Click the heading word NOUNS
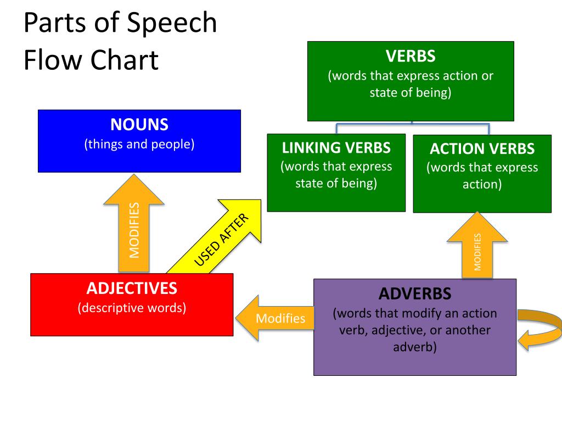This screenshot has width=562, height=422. (x=139, y=125)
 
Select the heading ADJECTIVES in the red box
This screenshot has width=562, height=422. (x=132, y=288)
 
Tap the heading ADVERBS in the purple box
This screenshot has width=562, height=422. (x=415, y=293)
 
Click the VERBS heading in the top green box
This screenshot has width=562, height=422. (x=411, y=56)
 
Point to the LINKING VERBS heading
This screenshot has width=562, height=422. (x=336, y=148)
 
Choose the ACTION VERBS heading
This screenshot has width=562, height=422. (x=482, y=148)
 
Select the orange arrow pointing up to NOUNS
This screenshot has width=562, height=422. (x=134, y=223)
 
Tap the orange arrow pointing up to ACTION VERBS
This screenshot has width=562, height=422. (x=477, y=245)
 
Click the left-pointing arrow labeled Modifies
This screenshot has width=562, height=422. (x=274, y=318)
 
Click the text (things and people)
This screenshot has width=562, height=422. (x=139, y=145)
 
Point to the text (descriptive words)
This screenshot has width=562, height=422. (x=132, y=308)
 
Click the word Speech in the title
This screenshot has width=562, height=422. (x=172, y=23)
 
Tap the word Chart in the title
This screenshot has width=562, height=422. (x=124, y=59)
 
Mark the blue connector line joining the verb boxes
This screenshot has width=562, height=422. (x=412, y=124)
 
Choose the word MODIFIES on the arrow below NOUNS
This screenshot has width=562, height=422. (x=134, y=230)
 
